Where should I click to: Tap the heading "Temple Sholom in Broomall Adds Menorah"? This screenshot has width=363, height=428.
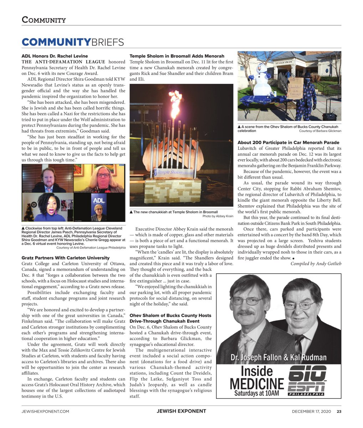click(177, 56)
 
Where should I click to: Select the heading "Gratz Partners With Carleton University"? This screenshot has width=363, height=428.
click(65, 258)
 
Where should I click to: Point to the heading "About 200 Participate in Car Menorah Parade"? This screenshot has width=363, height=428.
click(288, 143)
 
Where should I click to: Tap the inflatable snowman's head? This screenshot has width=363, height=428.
click(261, 69)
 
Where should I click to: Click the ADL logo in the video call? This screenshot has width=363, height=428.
click(99, 201)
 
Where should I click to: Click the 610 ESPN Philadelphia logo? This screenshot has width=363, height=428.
click(307, 380)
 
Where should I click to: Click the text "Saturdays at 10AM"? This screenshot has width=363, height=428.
click(256, 394)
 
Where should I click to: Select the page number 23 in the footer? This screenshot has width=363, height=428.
click(339, 411)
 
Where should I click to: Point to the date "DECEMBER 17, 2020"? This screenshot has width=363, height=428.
click(312, 411)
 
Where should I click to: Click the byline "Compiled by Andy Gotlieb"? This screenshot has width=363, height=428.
click(316, 264)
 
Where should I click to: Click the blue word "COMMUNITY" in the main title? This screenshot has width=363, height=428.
click(56, 42)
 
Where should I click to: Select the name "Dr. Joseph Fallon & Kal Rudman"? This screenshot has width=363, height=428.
click(278, 357)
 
